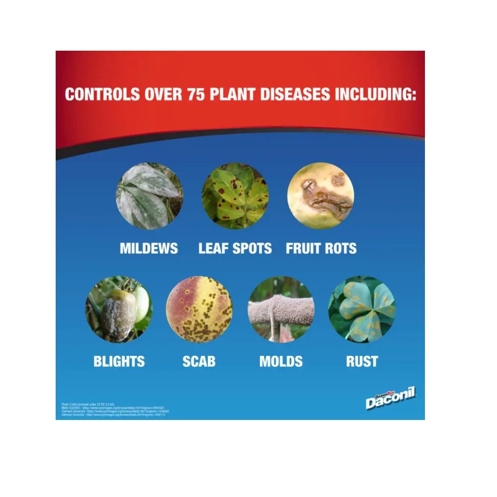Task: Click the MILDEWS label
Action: pos(149,248)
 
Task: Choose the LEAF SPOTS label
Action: pos(235,248)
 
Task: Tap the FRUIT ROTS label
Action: pos(321,248)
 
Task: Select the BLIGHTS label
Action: pos(119,361)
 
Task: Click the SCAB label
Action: pos(199,361)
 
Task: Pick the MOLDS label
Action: pos(281,361)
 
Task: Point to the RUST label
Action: pos(362,361)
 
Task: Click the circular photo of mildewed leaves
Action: pos(149,196)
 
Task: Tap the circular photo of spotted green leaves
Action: pos(235,196)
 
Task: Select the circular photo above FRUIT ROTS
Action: pos(321,196)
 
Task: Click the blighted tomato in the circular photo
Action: pos(118,313)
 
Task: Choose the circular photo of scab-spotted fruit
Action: pos(199,309)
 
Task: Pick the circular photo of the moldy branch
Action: pos(281,309)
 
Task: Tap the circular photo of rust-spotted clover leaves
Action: pos(362,309)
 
